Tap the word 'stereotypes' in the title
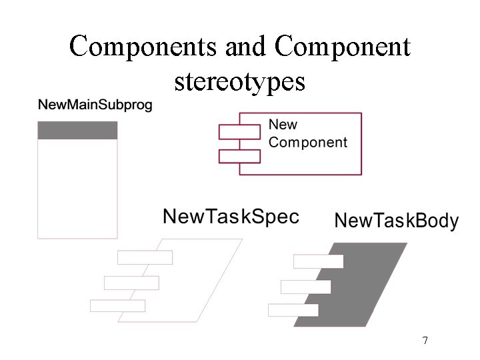pyautogui.click(x=239, y=81)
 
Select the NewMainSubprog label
pyautogui.click(x=95, y=105)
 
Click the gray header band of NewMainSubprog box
pyautogui.click(x=77, y=130)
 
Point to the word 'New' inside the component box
pyautogui.click(x=283, y=125)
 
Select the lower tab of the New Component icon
pyautogui.click(x=239, y=156)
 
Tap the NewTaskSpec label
pyautogui.click(x=231, y=217)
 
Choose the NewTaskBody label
pyautogui.click(x=396, y=221)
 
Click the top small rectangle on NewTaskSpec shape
pyautogui.click(x=145, y=257)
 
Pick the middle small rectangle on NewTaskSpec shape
pyautogui.click(x=131, y=283)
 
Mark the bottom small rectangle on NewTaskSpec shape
pyautogui.click(x=117, y=306)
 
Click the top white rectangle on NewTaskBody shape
pyautogui.click(x=318, y=261)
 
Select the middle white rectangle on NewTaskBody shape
pyautogui.click(x=305, y=287)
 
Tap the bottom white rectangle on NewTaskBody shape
pyautogui.click(x=293, y=310)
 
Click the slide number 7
pyautogui.click(x=425, y=341)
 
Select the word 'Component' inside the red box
pyautogui.click(x=307, y=142)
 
